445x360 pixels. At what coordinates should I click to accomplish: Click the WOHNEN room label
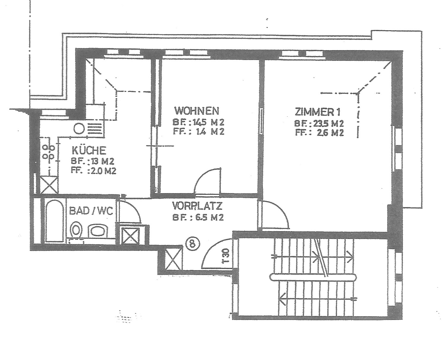click(x=197, y=111)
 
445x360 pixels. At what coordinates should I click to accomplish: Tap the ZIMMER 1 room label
click(x=317, y=112)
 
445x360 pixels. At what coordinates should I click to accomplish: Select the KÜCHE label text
click(x=89, y=150)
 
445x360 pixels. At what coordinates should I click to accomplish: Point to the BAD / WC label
click(x=91, y=211)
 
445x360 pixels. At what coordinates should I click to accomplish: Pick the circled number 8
click(x=193, y=244)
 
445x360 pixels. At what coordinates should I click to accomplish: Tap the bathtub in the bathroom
click(x=55, y=221)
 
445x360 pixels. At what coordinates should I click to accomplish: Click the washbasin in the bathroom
click(x=98, y=231)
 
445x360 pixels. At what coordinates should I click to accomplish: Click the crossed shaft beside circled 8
click(x=174, y=260)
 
